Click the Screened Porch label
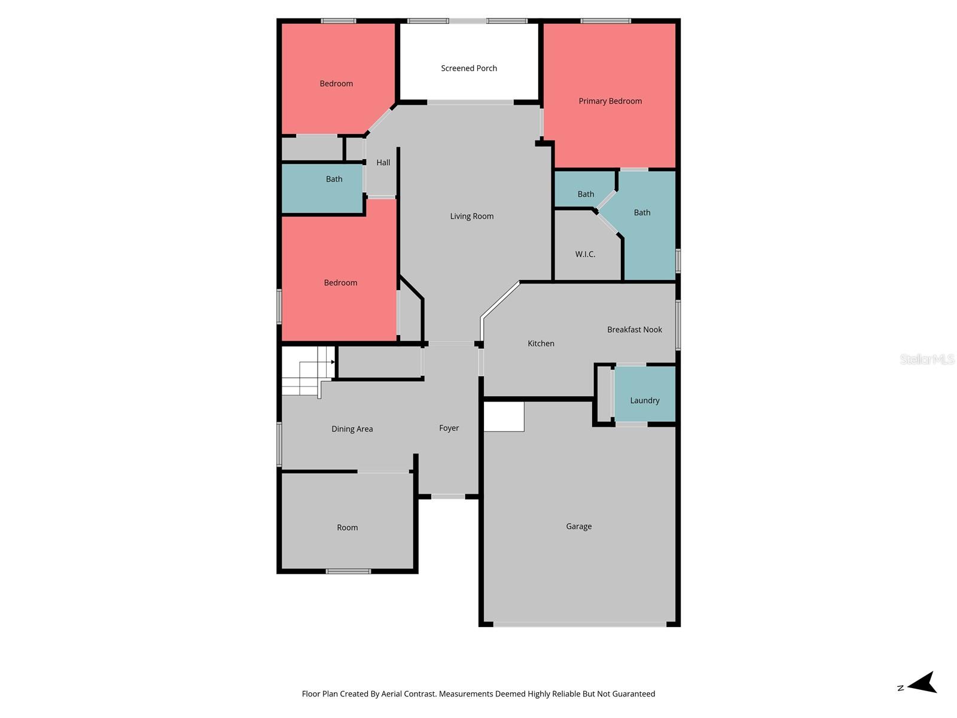[469, 68]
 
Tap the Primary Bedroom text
[610, 101]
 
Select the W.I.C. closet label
[585, 254]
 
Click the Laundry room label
[644, 400]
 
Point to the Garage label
[578, 527]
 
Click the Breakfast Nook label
[634, 330]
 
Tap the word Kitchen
[541, 343]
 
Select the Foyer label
[449, 428]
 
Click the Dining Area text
[352, 429]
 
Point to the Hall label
[383, 163]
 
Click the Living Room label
[471, 217]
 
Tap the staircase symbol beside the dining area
[308, 371]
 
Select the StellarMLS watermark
[927, 359]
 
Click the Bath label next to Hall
[334, 179]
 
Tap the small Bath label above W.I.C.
[586, 194]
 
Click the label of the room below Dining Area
[347, 528]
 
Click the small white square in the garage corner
[504, 416]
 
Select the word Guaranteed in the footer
[632, 694]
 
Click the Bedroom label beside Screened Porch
[336, 84]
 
